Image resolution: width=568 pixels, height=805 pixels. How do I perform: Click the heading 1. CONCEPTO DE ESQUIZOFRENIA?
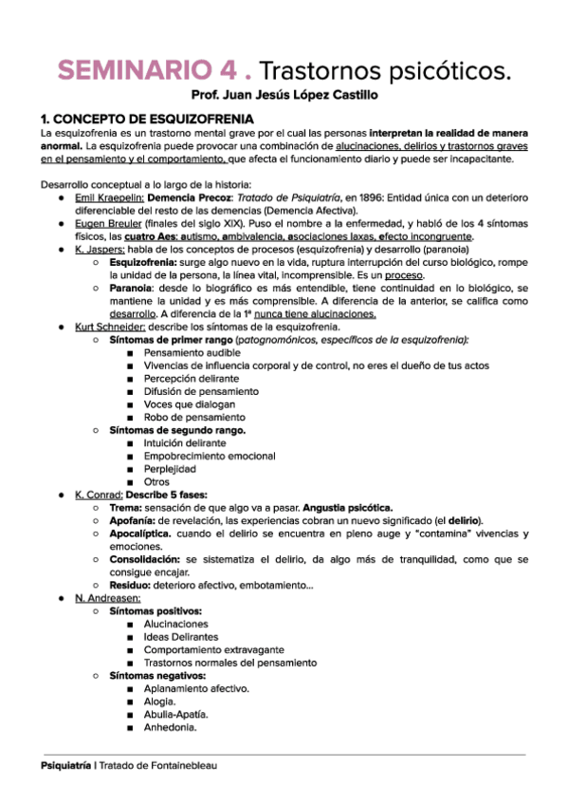point(147,119)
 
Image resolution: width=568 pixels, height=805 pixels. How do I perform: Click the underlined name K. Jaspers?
point(98,249)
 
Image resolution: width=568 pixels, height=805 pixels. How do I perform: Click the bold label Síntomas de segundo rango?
point(177,429)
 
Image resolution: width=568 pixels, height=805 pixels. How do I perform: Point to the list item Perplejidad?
point(170,468)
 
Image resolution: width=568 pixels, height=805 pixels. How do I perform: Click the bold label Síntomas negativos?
point(154,675)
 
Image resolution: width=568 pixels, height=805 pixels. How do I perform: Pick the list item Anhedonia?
point(170,727)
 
